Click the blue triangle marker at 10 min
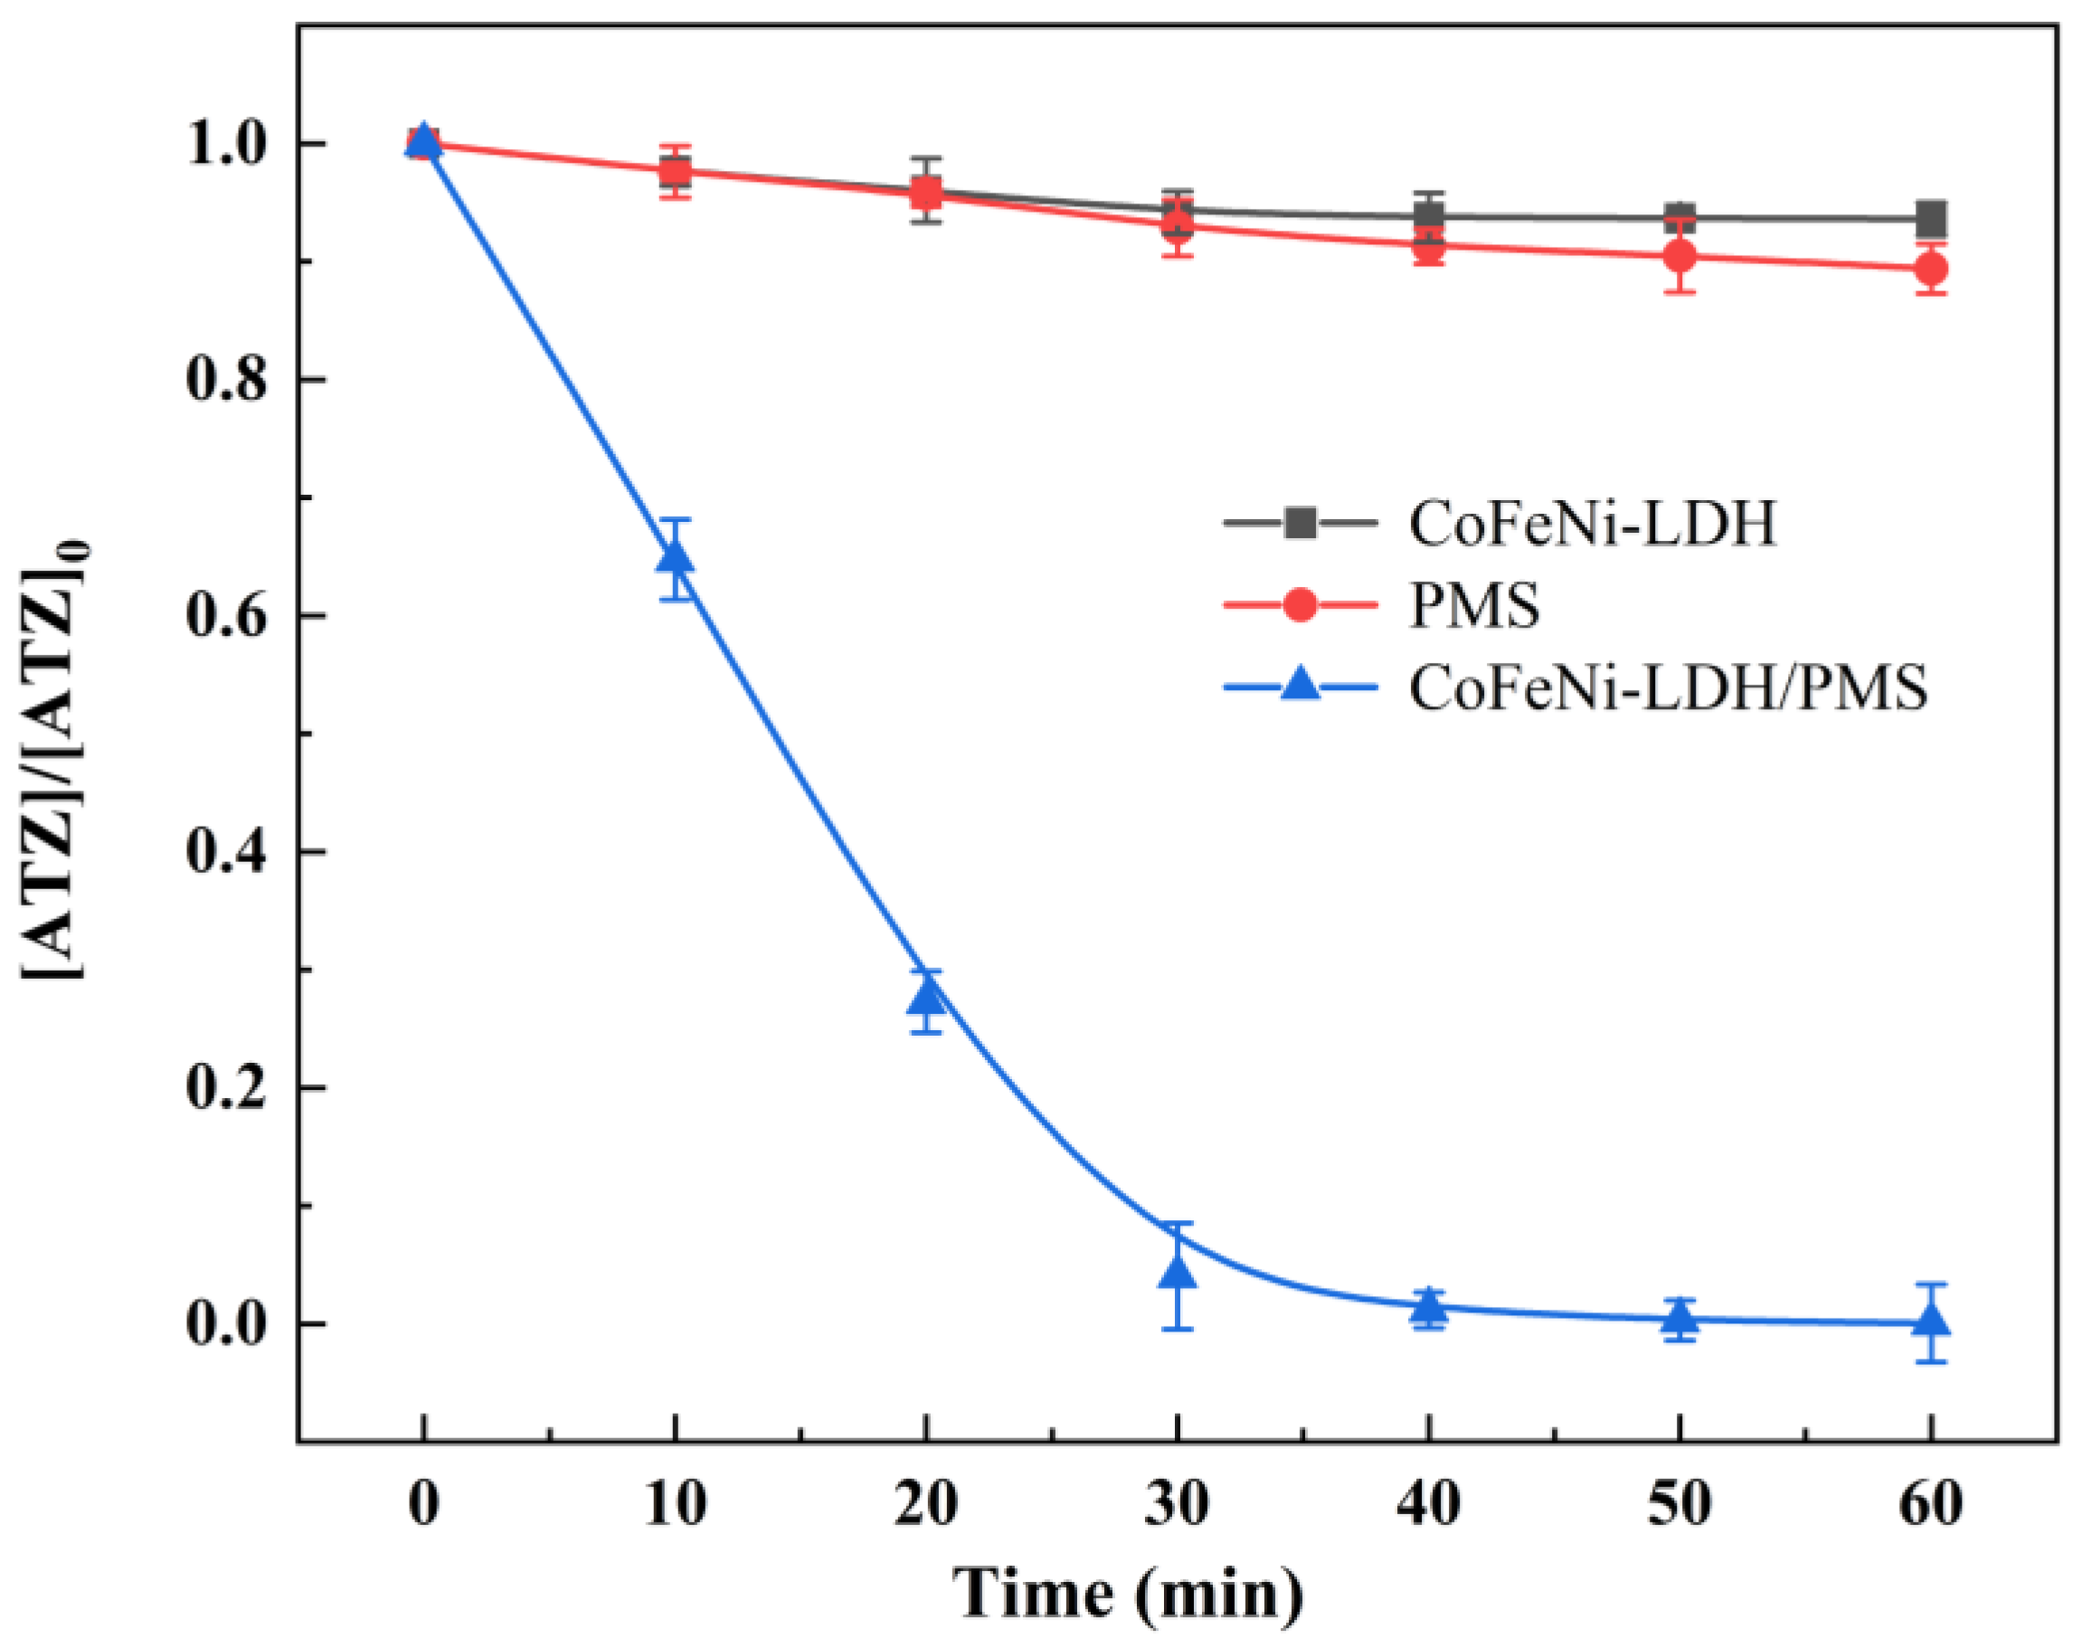676,559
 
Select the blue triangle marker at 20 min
926,996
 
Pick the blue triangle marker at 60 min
1931,1321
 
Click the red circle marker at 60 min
1931,270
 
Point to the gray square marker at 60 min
1931,218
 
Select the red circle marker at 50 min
1680,257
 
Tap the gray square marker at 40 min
1429,216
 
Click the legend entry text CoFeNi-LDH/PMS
1668,688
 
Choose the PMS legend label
1473,606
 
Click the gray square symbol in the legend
1301,523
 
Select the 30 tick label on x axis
1177,1503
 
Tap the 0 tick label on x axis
423,1503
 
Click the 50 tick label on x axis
1680,1503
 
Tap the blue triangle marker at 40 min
1429,1307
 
